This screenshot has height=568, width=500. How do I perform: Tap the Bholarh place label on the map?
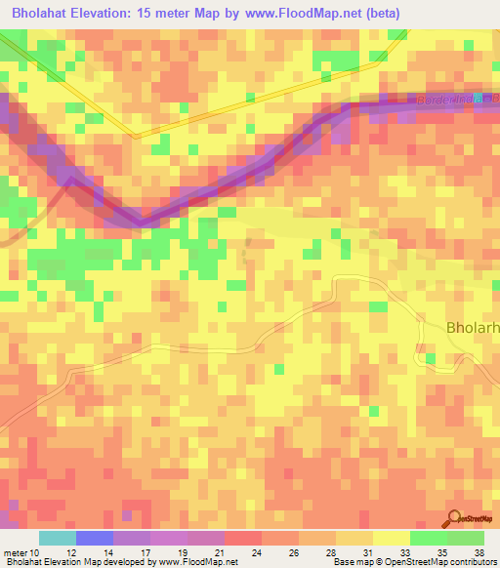473,328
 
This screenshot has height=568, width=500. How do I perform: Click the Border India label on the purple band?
453,101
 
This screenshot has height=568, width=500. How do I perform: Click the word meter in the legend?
16,552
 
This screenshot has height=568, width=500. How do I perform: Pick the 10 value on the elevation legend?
36,552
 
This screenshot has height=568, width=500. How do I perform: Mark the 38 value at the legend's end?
479,552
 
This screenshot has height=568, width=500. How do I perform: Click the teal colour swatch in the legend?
57,538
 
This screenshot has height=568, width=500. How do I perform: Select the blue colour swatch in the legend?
94,538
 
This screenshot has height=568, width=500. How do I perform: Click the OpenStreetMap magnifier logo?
454,518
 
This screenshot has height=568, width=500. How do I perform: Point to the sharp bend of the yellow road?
137,136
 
